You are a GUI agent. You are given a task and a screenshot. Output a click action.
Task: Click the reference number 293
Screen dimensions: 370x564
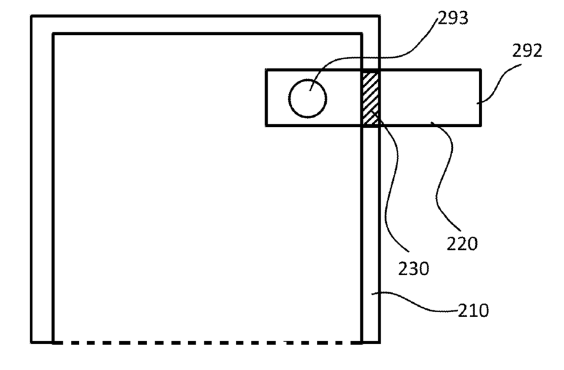pos(453,19)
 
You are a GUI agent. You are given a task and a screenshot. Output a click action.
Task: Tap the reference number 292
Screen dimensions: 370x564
pos(527,51)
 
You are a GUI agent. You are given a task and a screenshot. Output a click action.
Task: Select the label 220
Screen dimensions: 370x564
pos(462,243)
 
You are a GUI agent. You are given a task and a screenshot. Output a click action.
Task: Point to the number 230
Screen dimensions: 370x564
pos(413,269)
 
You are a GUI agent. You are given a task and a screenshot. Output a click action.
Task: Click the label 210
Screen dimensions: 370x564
pos(473,309)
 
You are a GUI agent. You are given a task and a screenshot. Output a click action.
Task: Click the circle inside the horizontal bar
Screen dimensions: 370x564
pos(307,98)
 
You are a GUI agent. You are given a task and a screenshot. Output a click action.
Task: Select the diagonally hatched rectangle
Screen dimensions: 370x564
pos(370,98)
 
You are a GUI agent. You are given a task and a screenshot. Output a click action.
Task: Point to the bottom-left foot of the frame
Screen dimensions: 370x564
pos(42,341)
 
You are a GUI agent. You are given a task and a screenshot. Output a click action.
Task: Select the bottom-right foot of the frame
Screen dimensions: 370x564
pos(370,341)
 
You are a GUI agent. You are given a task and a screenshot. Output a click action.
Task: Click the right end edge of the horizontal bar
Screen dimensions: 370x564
pos(480,98)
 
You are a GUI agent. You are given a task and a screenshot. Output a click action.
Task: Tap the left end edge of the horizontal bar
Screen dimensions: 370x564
pos(266,98)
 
